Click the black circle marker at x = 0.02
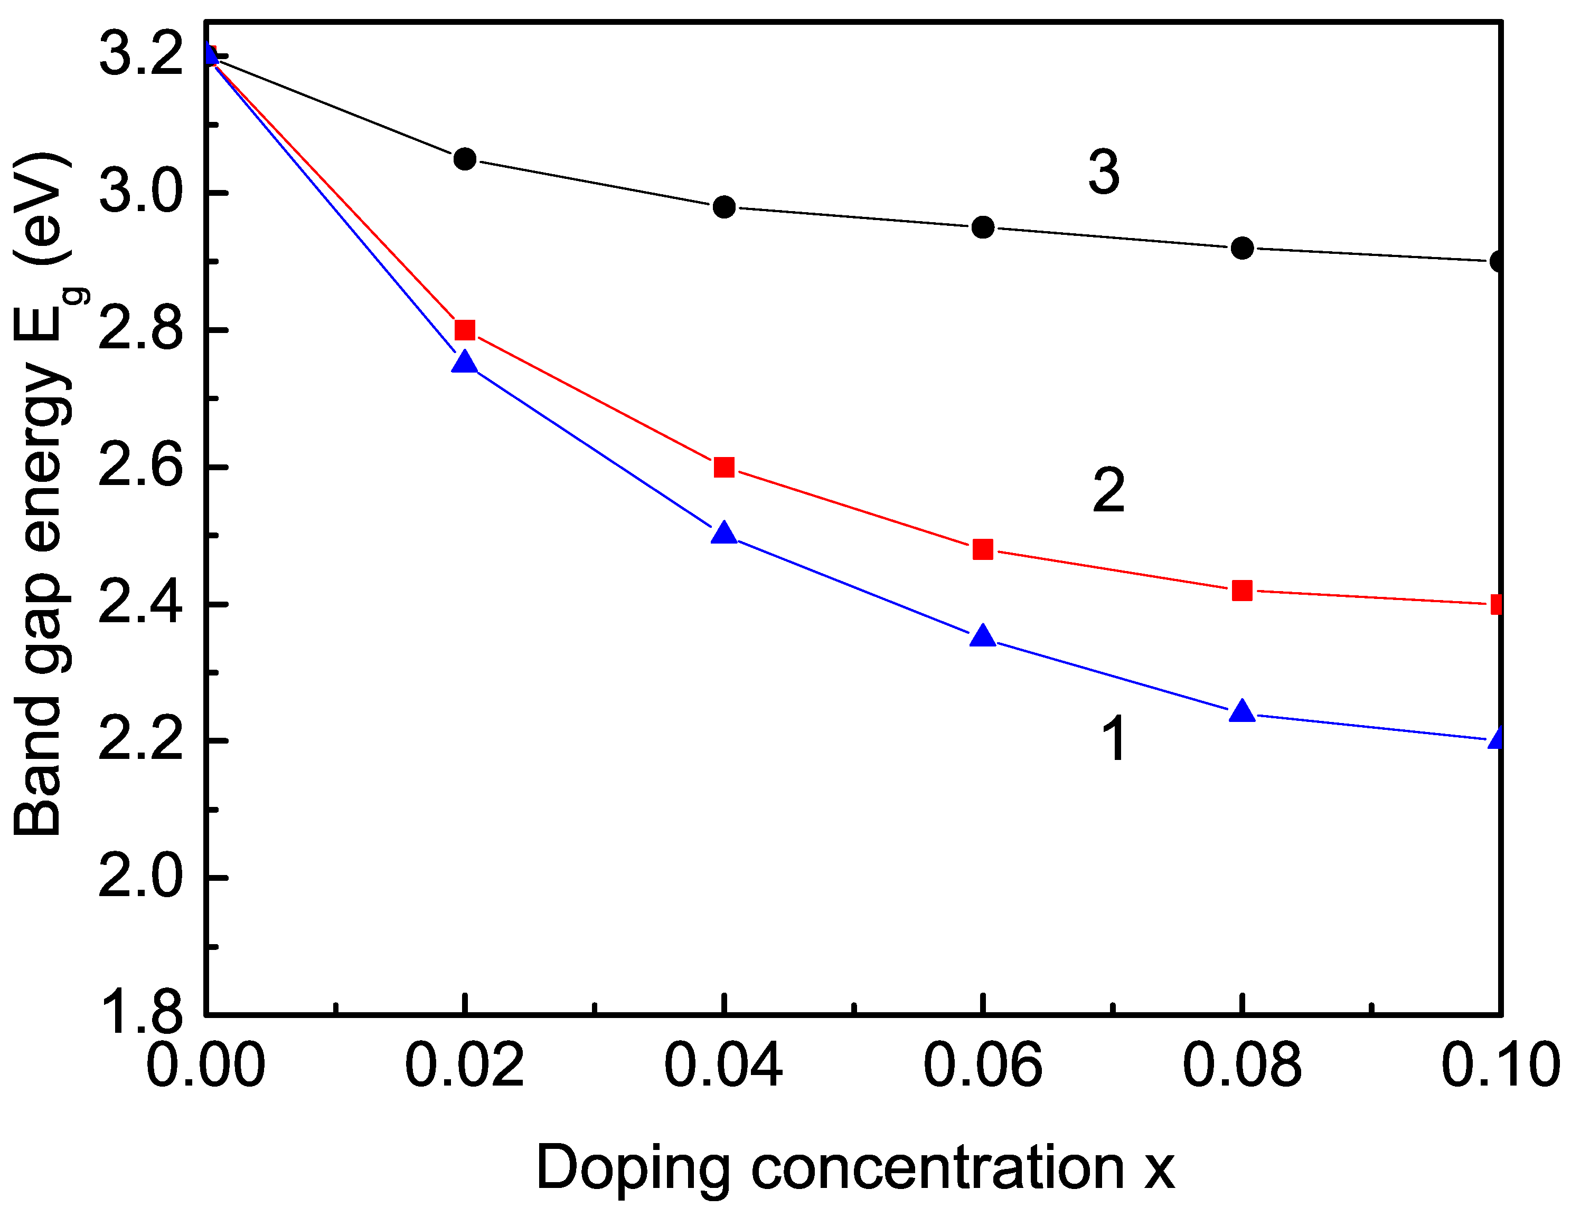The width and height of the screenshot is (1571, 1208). (465, 158)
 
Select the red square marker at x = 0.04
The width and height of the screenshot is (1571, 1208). (723, 468)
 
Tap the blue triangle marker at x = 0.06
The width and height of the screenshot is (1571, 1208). (983, 637)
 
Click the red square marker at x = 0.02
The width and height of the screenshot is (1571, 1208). (465, 330)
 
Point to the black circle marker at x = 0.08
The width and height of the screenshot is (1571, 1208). (1241, 248)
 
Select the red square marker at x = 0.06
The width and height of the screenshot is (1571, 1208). (983, 549)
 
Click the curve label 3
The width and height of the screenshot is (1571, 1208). (1104, 173)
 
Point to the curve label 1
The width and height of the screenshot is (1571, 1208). (1114, 739)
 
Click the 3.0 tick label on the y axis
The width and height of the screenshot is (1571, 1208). (141, 193)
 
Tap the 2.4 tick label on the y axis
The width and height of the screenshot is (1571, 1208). (141, 604)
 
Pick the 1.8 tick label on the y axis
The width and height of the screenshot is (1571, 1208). (141, 1014)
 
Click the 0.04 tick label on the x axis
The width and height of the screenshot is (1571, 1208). (723, 1064)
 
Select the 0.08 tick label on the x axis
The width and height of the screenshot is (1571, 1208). (1241, 1064)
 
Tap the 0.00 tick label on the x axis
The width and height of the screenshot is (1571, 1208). (206, 1064)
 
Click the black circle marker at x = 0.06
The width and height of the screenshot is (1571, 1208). (983, 227)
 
